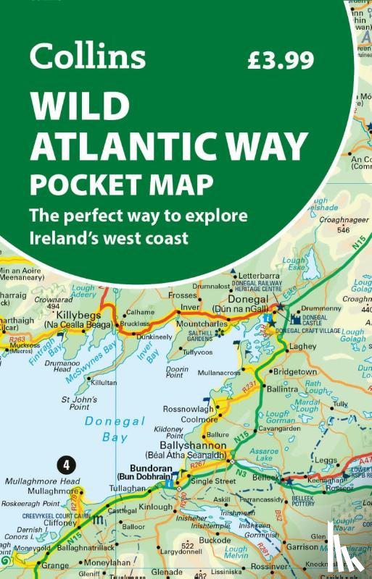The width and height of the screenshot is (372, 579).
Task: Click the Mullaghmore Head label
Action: (42, 481)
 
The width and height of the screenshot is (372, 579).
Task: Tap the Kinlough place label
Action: (155, 507)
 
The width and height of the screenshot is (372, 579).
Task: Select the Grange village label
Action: (56, 565)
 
